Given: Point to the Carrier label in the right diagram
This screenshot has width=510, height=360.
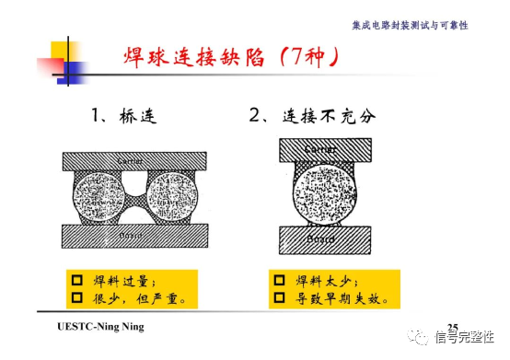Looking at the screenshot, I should [320, 148].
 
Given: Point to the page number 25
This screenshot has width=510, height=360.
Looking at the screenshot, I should [452, 328].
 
